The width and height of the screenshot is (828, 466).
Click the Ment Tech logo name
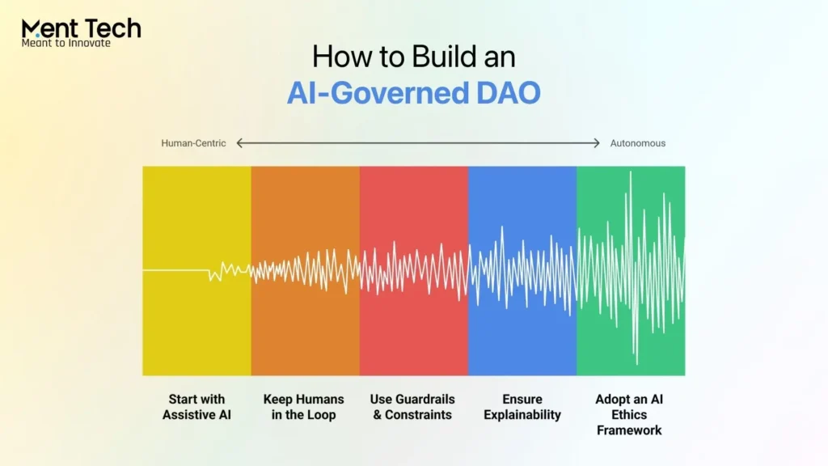(x=81, y=28)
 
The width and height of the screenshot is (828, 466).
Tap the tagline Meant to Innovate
(x=65, y=43)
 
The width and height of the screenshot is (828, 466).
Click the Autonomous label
(x=637, y=143)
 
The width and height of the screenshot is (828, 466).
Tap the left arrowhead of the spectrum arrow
(x=239, y=143)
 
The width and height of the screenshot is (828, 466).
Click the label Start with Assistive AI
(x=196, y=407)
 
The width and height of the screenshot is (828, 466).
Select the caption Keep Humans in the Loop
(x=304, y=407)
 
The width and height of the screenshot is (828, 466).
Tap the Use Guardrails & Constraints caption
(x=412, y=407)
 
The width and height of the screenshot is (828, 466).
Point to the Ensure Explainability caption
(x=521, y=407)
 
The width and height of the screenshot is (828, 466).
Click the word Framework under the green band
(x=629, y=430)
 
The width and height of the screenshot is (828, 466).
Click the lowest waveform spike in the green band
(x=636, y=362)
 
